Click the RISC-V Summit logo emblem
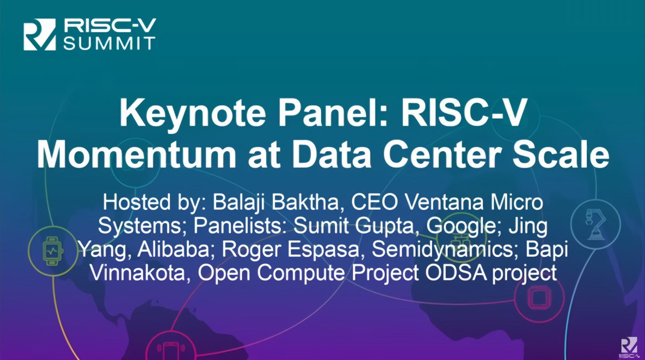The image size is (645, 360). pyautogui.click(x=40, y=34)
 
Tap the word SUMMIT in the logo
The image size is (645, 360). pyautogui.click(x=110, y=44)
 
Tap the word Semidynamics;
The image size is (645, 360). pyautogui.click(x=446, y=250)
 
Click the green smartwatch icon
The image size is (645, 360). pyautogui.click(x=53, y=251)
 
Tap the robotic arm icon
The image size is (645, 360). pyautogui.click(x=596, y=225)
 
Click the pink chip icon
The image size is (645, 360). pyautogui.click(x=539, y=298)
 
